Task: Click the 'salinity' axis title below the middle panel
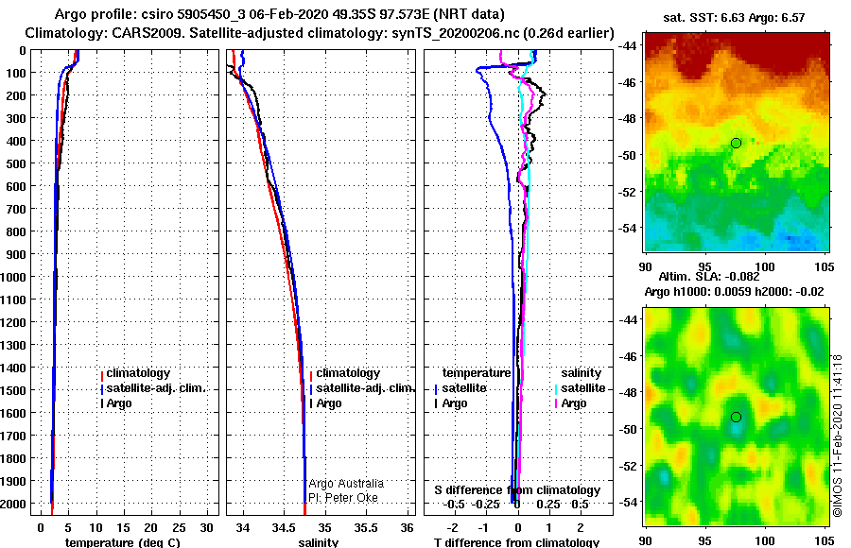pyautogui.click(x=318, y=542)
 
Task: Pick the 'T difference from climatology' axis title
pyautogui.click(x=516, y=542)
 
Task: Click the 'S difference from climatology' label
pyautogui.click(x=516, y=490)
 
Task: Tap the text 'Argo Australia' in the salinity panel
pyautogui.click(x=346, y=484)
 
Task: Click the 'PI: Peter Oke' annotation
pyautogui.click(x=342, y=497)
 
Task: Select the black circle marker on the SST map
pyautogui.click(x=736, y=143)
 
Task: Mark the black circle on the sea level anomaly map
pyautogui.click(x=736, y=417)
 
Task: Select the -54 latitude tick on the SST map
pyautogui.click(x=627, y=229)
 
